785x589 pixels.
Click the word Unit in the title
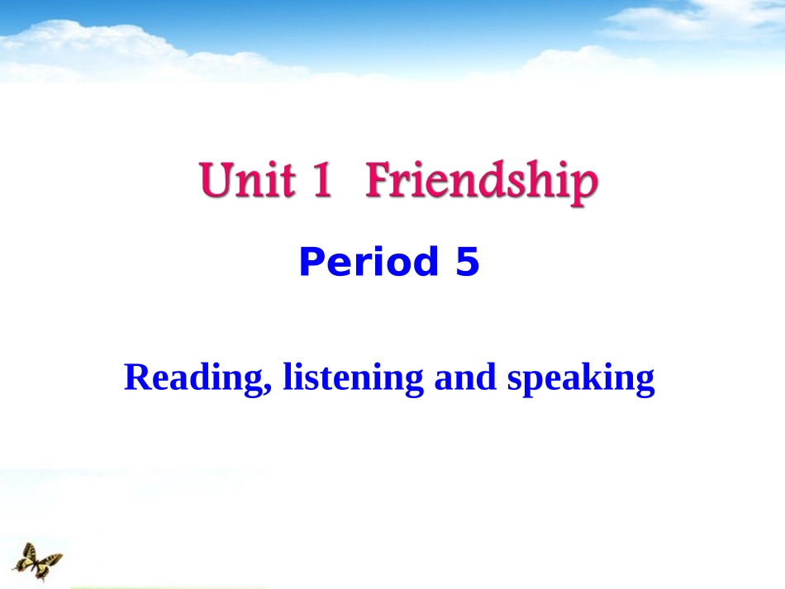coord(246,180)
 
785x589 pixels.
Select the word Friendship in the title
coord(480,182)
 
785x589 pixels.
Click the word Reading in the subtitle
coord(195,378)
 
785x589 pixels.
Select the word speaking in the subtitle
coord(580,380)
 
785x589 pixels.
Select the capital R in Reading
coord(137,378)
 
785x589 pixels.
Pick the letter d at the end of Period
coord(428,263)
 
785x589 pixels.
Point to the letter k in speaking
coord(594,377)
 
